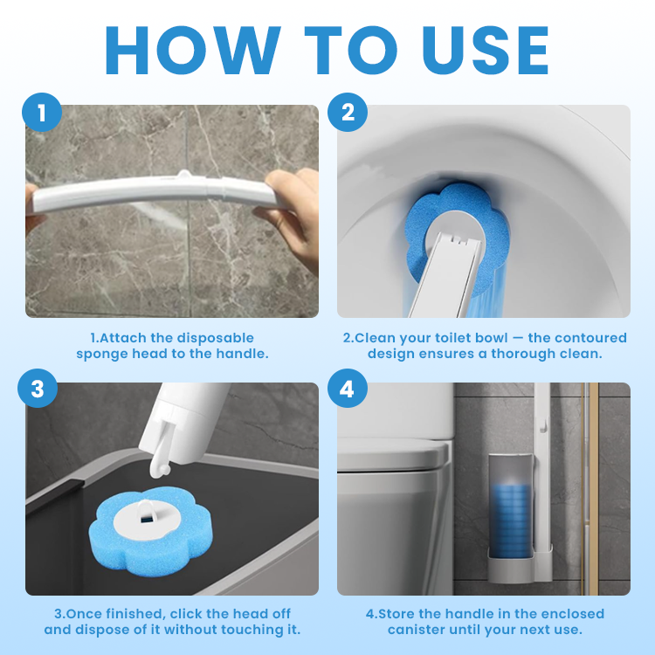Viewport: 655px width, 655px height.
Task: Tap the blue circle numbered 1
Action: (x=37, y=114)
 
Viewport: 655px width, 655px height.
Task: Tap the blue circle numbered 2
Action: (x=348, y=114)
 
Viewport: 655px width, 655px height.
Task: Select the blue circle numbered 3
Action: (x=37, y=390)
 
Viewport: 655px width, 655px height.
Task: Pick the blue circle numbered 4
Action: (x=348, y=390)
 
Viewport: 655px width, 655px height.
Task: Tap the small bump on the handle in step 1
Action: (x=184, y=176)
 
